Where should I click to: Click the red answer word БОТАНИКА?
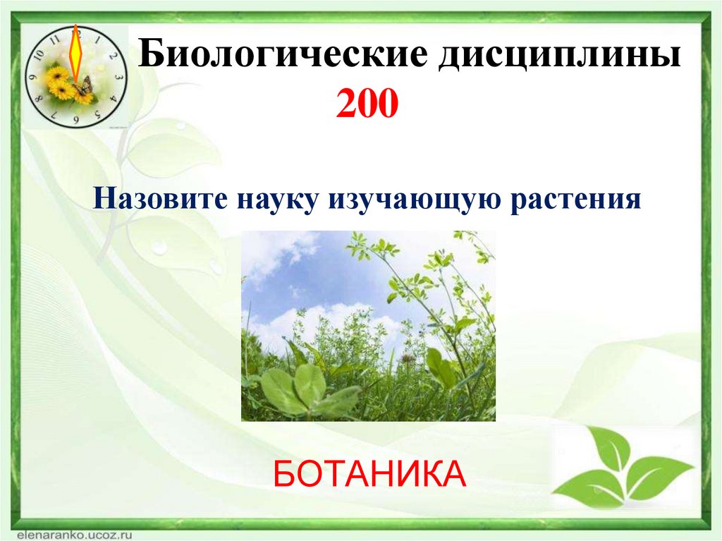point(369,473)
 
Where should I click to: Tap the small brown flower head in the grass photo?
point(408,358)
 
